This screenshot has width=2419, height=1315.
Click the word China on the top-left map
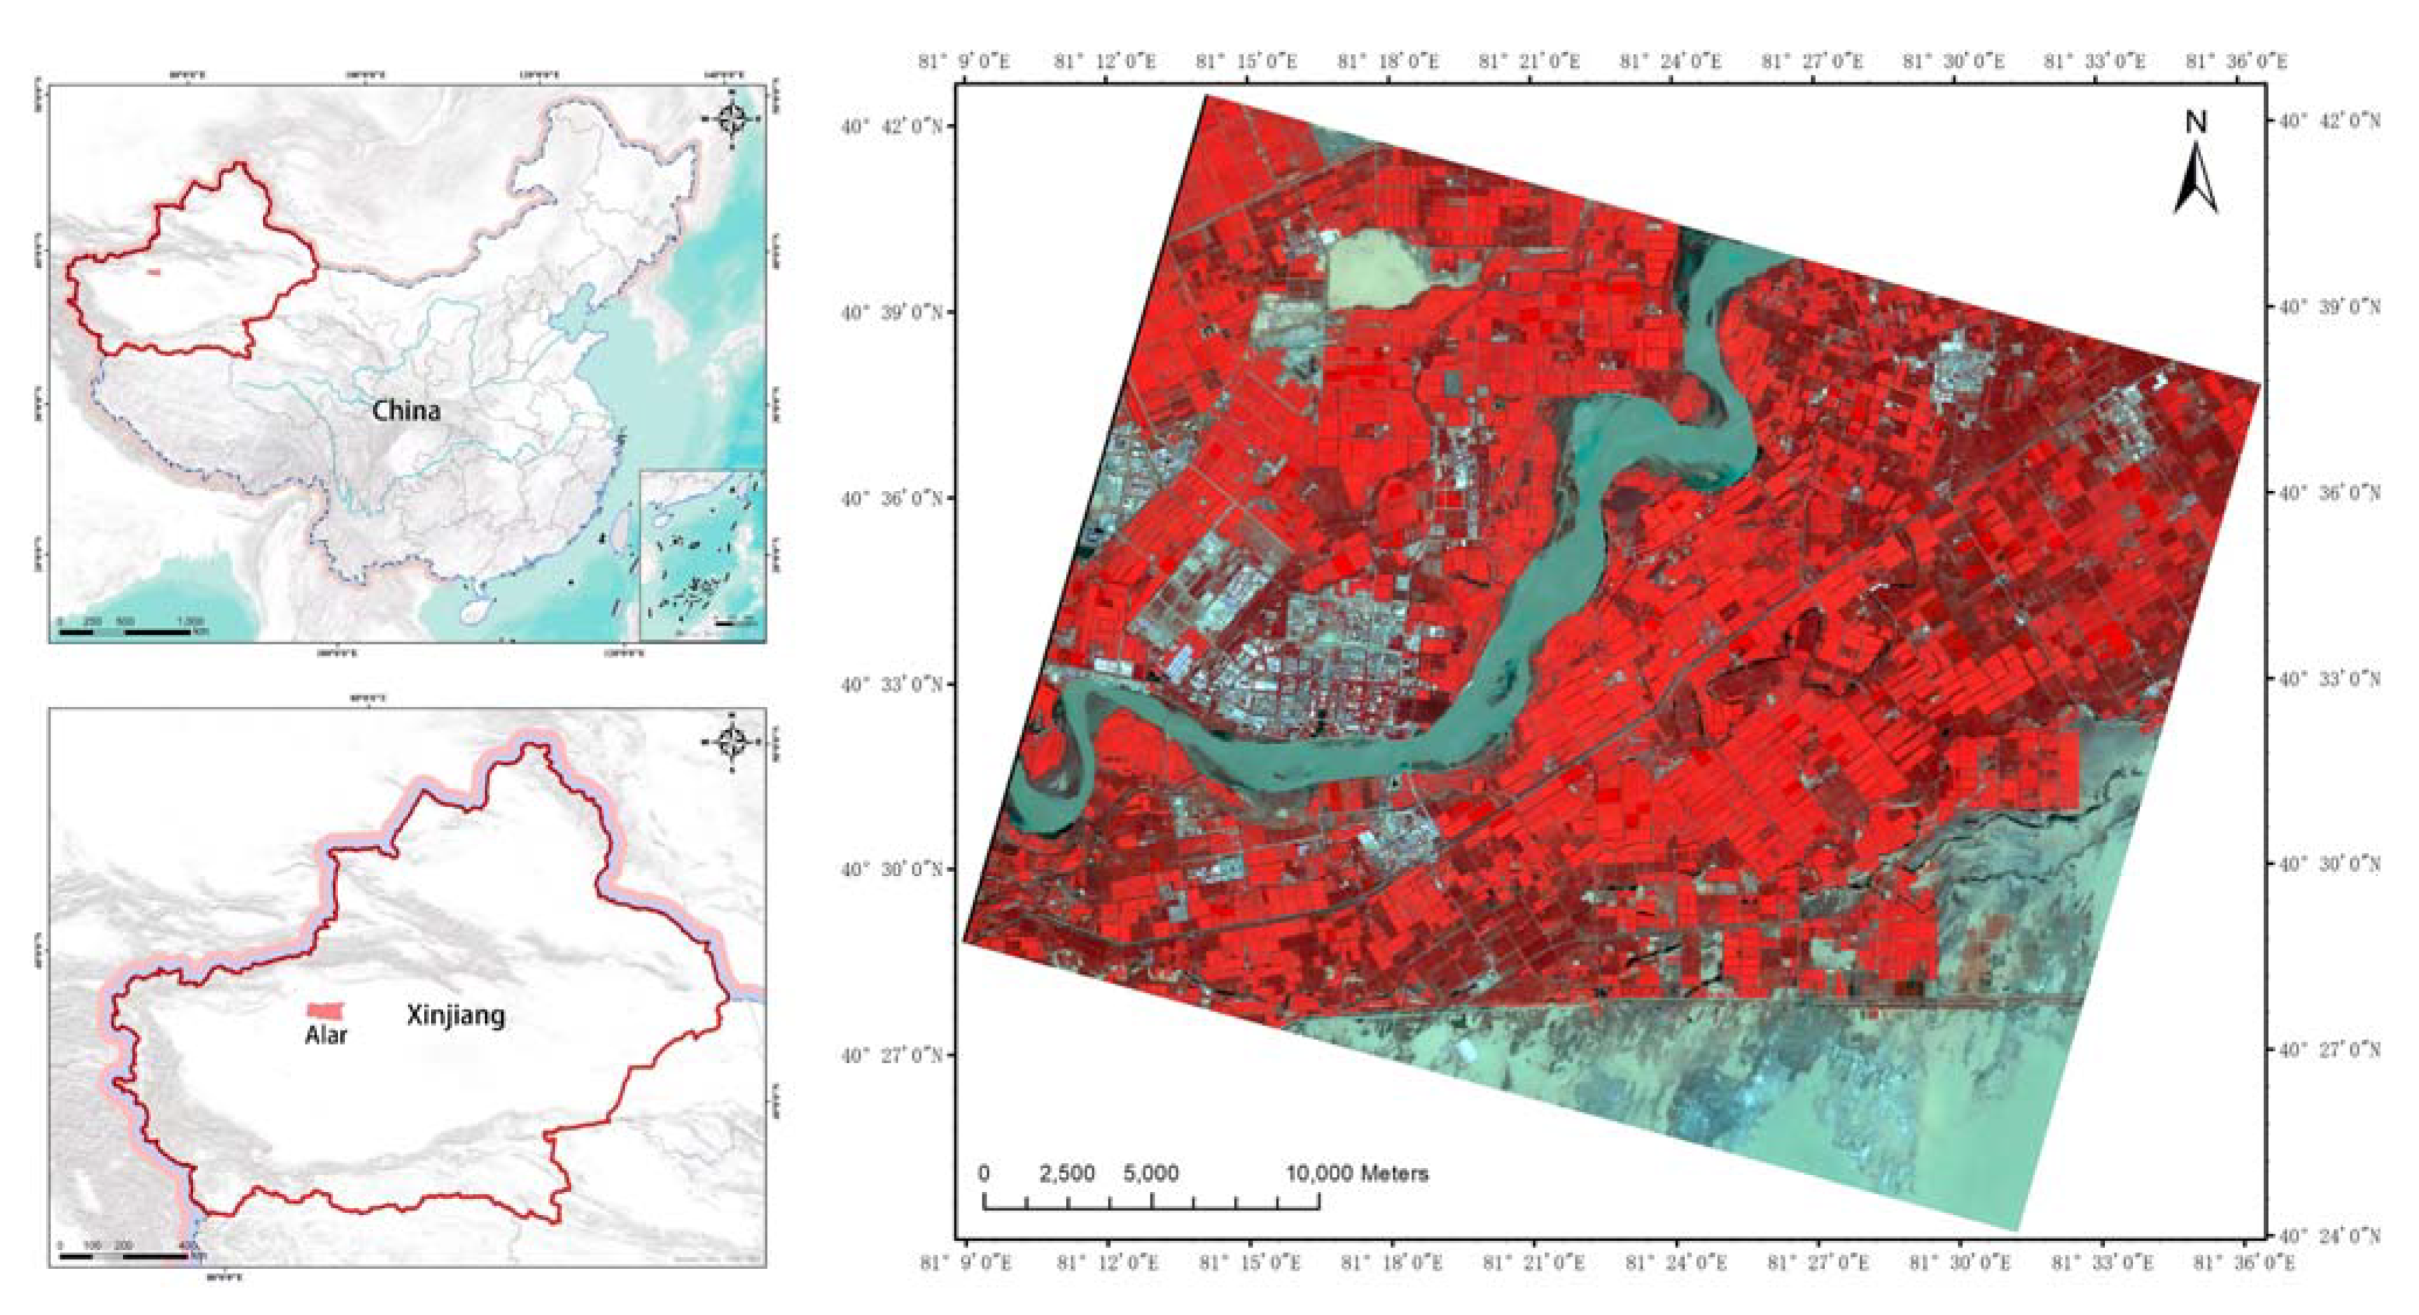pos(406,411)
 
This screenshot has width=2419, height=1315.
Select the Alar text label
pos(326,1035)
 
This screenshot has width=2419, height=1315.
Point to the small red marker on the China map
pos(154,272)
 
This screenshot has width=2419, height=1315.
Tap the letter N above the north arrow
pos(2195,122)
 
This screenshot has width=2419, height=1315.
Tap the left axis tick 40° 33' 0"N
pos(892,684)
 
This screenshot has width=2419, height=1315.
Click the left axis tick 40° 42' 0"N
pos(892,126)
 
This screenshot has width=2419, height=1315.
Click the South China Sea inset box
pos(702,554)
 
